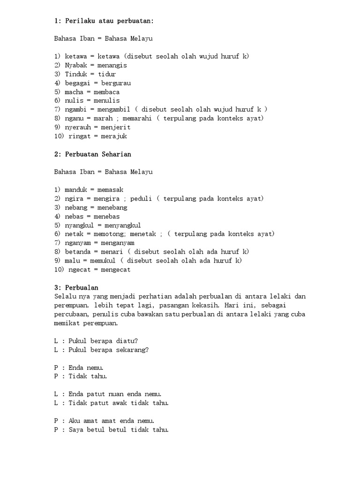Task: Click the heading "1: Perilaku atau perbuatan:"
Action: pyautogui.click(x=104, y=21)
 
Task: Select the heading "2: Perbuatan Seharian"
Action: pyautogui.click(x=92, y=154)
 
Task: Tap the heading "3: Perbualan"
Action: pyautogui.click(x=76, y=287)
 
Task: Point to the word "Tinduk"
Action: pyautogui.click(x=76, y=74)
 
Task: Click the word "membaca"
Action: pyautogui.click(x=106, y=92)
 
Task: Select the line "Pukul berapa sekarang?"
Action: pyautogui.click(x=109, y=350)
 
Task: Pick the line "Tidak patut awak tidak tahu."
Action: pyautogui.click(x=118, y=403)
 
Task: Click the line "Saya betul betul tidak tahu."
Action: pyautogui.click(x=118, y=430)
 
